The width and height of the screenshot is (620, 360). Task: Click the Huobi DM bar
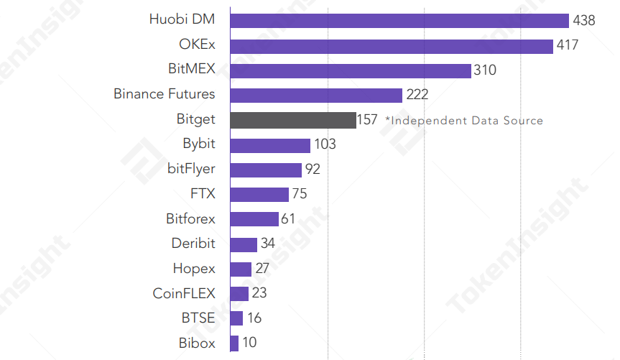tap(399, 21)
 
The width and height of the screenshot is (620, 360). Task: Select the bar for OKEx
tap(392, 46)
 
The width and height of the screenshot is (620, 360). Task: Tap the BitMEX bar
tap(351, 70)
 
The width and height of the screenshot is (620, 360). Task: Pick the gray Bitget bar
tap(293, 120)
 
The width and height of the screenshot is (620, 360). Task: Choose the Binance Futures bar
tap(316, 95)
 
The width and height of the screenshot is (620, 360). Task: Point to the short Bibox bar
tap(234, 343)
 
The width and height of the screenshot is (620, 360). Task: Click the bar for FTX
tap(259, 194)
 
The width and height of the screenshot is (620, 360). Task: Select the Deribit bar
tap(244, 244)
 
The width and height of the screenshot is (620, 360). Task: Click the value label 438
tap(584, 21)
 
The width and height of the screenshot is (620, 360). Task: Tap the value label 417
tap(568, 46)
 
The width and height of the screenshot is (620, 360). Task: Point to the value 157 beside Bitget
tap(367, 120)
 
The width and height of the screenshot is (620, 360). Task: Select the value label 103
tap(325, 144)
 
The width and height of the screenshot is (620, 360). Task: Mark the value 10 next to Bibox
tap(249, 343)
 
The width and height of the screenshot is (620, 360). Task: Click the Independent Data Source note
tap(464, 120)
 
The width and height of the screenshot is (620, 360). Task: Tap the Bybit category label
tap(199, 144)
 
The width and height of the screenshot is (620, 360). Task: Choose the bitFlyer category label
tap(191, 169)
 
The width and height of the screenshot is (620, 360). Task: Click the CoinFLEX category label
tap(184, 293)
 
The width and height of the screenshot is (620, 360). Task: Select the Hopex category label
tap(194, 269)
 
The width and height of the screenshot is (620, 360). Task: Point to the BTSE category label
tap(198, 318)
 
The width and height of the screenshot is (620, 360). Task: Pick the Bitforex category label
tap(190, 218)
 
